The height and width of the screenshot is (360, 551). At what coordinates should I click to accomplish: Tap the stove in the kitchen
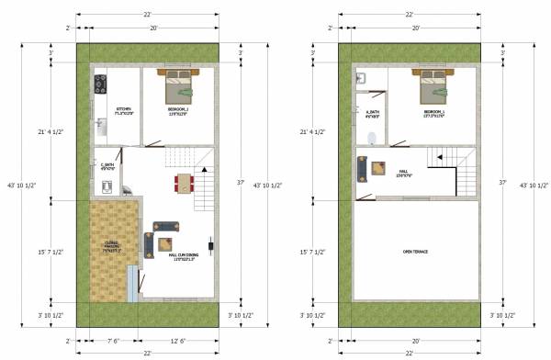click(x=101, y=86)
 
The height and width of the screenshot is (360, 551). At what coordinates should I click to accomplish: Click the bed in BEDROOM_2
click(x=177, y=86)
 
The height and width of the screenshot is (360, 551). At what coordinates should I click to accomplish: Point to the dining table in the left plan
click(x=185, y=182)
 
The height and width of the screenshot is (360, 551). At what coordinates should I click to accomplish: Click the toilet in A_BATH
click(x=371, y=139)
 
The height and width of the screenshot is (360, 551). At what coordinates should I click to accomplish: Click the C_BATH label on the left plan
click(x=107, y=166)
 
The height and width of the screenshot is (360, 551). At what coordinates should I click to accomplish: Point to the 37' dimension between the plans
click(x=246, y=183)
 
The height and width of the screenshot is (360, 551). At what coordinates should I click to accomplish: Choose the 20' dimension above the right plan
click(x=416, y=29)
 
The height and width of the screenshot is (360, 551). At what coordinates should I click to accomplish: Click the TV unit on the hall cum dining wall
click(x=211, y=245)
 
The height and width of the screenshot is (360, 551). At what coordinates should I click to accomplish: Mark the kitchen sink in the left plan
click(x=100, y=123)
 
